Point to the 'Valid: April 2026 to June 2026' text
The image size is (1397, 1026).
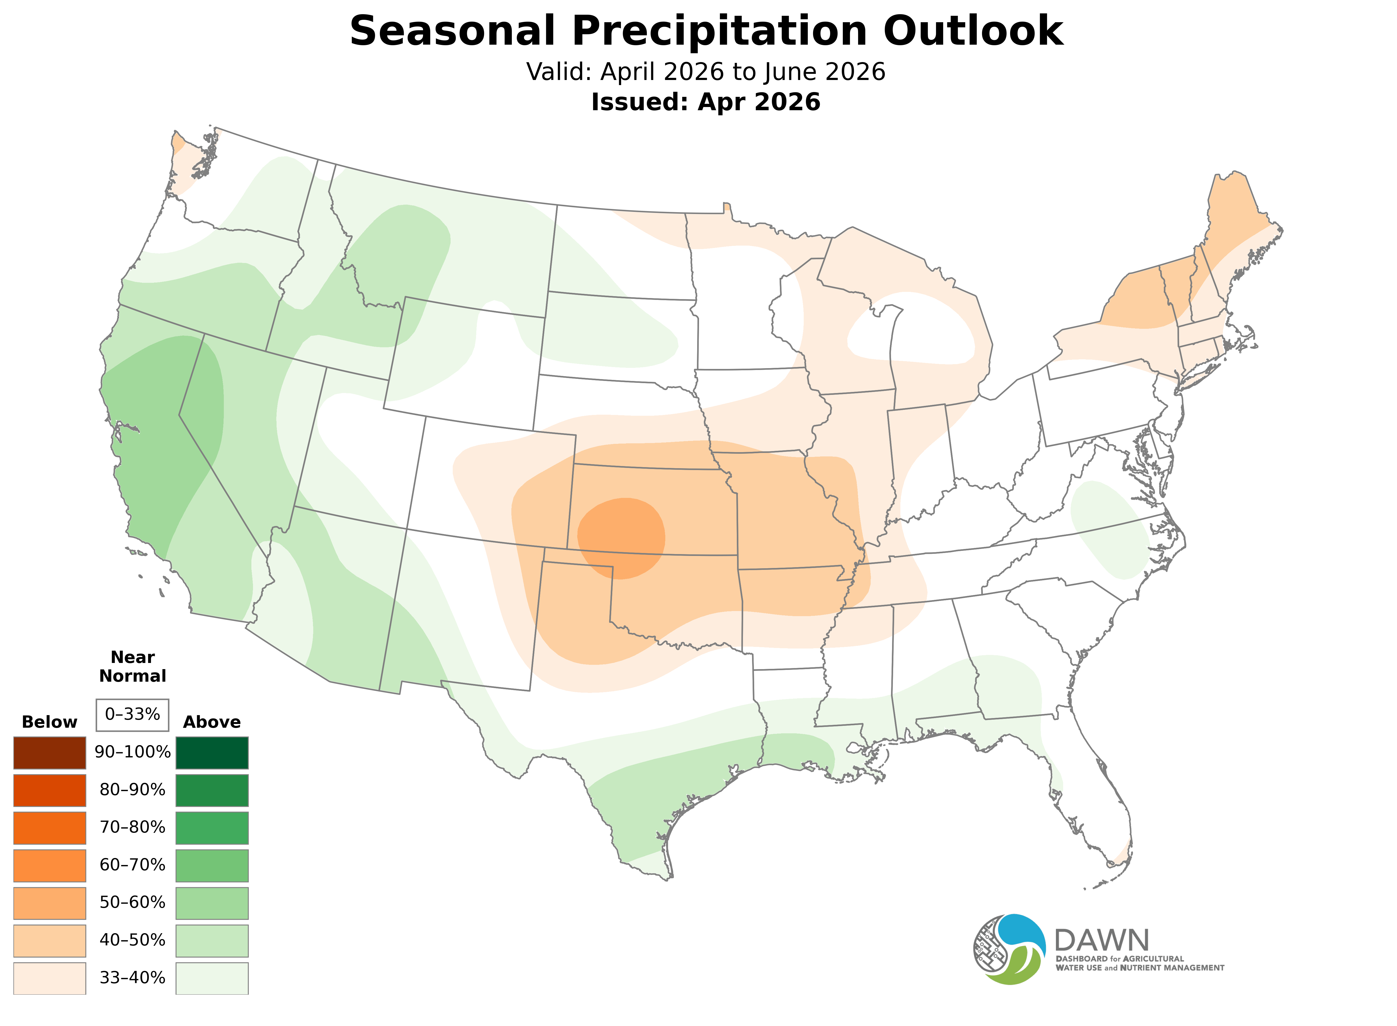tap(705, 72)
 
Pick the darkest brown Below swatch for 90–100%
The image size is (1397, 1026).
tap(50, 753)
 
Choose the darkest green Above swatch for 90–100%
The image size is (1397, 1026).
tap(212, 753)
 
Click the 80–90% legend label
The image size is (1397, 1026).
tap(132, 790)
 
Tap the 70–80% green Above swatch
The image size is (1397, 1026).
tap(212, 828)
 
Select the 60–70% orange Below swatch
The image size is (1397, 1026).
tap(50, 865)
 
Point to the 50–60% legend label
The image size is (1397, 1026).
tap(132, 902)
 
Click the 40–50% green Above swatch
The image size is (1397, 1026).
tap(212, 940)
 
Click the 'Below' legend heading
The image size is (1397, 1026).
tap(50, 722)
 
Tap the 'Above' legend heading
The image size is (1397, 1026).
tap(212, 722)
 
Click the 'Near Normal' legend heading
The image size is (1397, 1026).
tap(132, 666)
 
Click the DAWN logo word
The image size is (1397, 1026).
tap(1101, 941)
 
